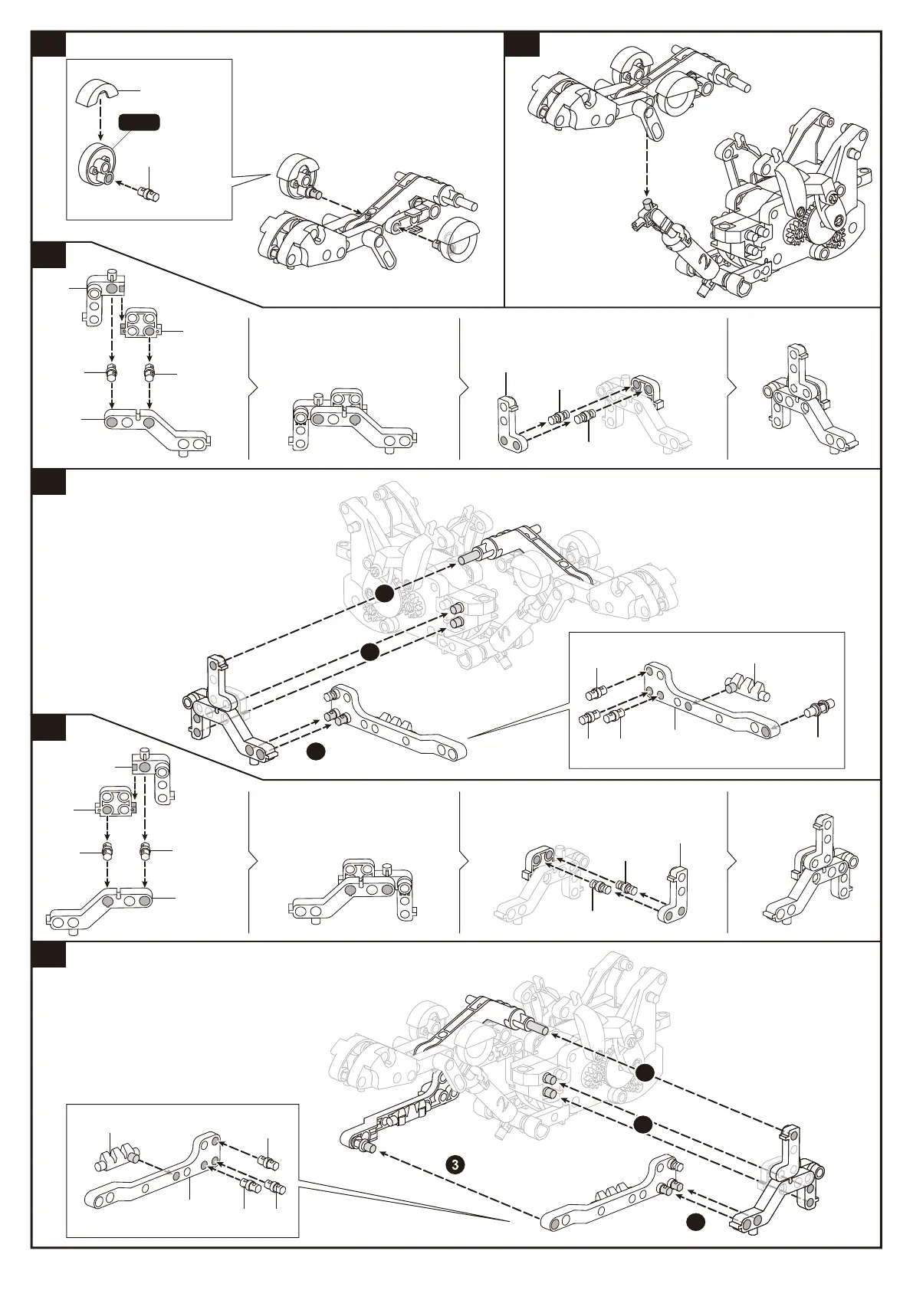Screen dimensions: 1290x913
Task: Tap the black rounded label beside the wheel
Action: [139, 121]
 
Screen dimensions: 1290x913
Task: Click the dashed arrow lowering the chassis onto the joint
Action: [646, 153]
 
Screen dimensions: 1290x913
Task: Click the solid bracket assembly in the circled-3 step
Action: [782, 1187]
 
